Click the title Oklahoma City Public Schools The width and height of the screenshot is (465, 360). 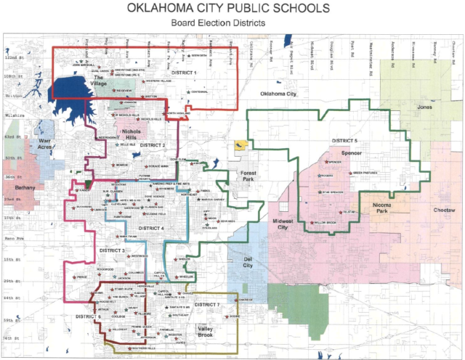[x=232, y=9]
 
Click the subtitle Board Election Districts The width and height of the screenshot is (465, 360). [x=232, y=23]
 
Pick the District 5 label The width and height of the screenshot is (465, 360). [x=345, y=140]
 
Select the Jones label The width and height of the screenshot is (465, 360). [x=424, y=107]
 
